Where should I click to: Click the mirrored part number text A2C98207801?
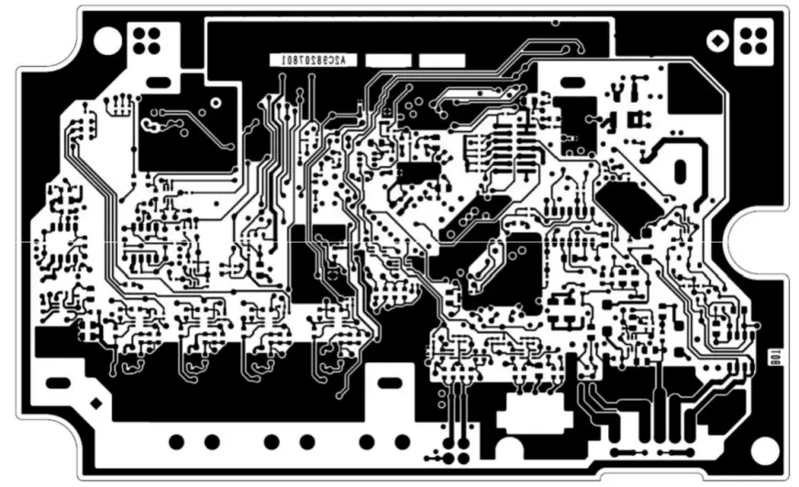[308, 60]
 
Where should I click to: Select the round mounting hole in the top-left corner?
[107, 39]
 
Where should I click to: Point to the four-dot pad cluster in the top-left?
[146, 39]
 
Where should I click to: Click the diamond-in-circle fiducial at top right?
[716, 40]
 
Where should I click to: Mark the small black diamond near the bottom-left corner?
[94, 404]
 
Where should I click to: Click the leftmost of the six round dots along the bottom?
[176, 442]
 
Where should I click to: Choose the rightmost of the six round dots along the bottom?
[401, 442]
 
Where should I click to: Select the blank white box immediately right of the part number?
[387, 60]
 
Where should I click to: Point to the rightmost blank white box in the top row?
[441, 60]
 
